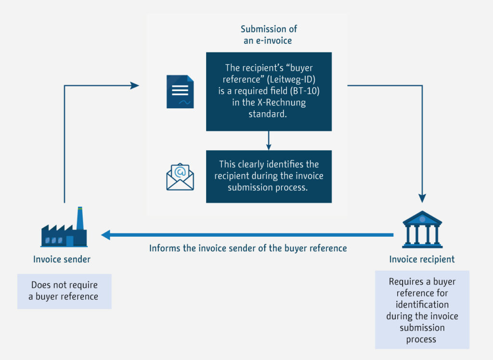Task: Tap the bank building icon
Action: pyautogui.click(x=422, y=229)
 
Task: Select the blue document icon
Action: pyautogui.click(x=180, y=91)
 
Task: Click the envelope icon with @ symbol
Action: pyautogui.click(x=180, y=177)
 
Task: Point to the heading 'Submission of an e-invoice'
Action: pyautogui.click(x=267, y=35)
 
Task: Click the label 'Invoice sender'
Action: pyautogui.click(x=62, y=259)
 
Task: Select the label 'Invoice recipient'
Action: pyautogui.click(x=422, y=259)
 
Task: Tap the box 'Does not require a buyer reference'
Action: pyautogui.click(x=64, y=291)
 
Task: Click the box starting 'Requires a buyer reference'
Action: pyautogui.click(x=422, y=309)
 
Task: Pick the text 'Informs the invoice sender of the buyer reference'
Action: pyautogui.click(x=248, y=248)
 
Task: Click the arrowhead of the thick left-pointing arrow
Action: pyautogui.click(x=106, y=235)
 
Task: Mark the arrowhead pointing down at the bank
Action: pyautogui.click(x=422, y=197)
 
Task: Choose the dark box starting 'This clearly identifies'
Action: pyautogui.click(x=269, y=176)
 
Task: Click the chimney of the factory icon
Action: pyautogui.click(x=79, y=219)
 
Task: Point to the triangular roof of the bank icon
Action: pyautogui.click(x=422, y=218)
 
